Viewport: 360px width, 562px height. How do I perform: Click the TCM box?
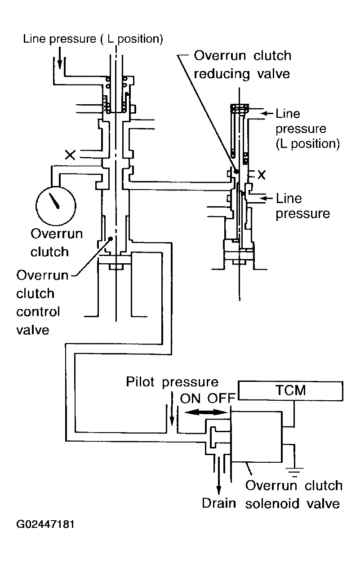point(290,390)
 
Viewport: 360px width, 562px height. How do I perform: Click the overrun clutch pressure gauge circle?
point(56,205)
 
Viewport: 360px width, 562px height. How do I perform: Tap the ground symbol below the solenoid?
point(294,472)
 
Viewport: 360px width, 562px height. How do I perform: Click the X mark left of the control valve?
point(70,155)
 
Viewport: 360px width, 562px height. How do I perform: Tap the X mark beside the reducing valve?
point(261,175)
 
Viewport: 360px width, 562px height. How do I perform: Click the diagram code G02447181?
point(45,525)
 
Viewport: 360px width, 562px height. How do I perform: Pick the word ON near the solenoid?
point(190,398)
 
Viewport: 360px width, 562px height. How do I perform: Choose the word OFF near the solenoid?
point(222,398)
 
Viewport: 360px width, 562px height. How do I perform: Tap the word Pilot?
point(140,381)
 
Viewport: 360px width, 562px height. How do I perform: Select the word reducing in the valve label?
point(222,74)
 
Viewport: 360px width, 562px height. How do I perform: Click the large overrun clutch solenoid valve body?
point(257,437)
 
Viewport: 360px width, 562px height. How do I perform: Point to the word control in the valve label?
point(38,311)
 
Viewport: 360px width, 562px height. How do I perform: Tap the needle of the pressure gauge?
point(54,200)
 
